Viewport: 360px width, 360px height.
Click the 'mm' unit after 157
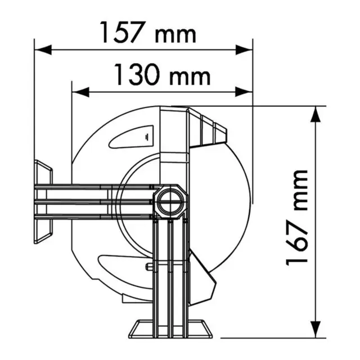(175, 35)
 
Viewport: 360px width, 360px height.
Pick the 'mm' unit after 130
(190, 76)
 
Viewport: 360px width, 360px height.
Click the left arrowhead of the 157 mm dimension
(42, 50)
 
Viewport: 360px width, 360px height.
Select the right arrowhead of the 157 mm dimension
(245, 50)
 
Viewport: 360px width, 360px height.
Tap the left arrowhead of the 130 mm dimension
(80, 92)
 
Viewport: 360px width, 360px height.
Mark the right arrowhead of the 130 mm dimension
(245, 92)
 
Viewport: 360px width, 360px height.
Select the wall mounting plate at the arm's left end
(43, 201)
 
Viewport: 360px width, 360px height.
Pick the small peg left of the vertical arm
(149, 267)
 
